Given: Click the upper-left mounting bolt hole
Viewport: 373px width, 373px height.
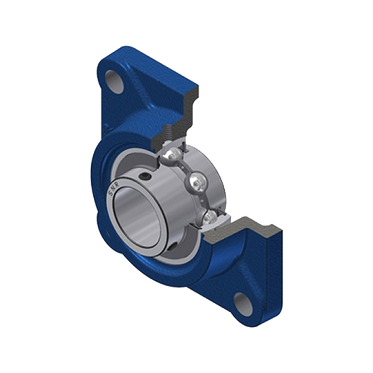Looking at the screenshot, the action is click(115, 82).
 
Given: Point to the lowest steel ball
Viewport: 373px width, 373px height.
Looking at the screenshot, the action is click(210, 217).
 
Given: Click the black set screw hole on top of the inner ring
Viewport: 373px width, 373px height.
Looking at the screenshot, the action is click(145, 176).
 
